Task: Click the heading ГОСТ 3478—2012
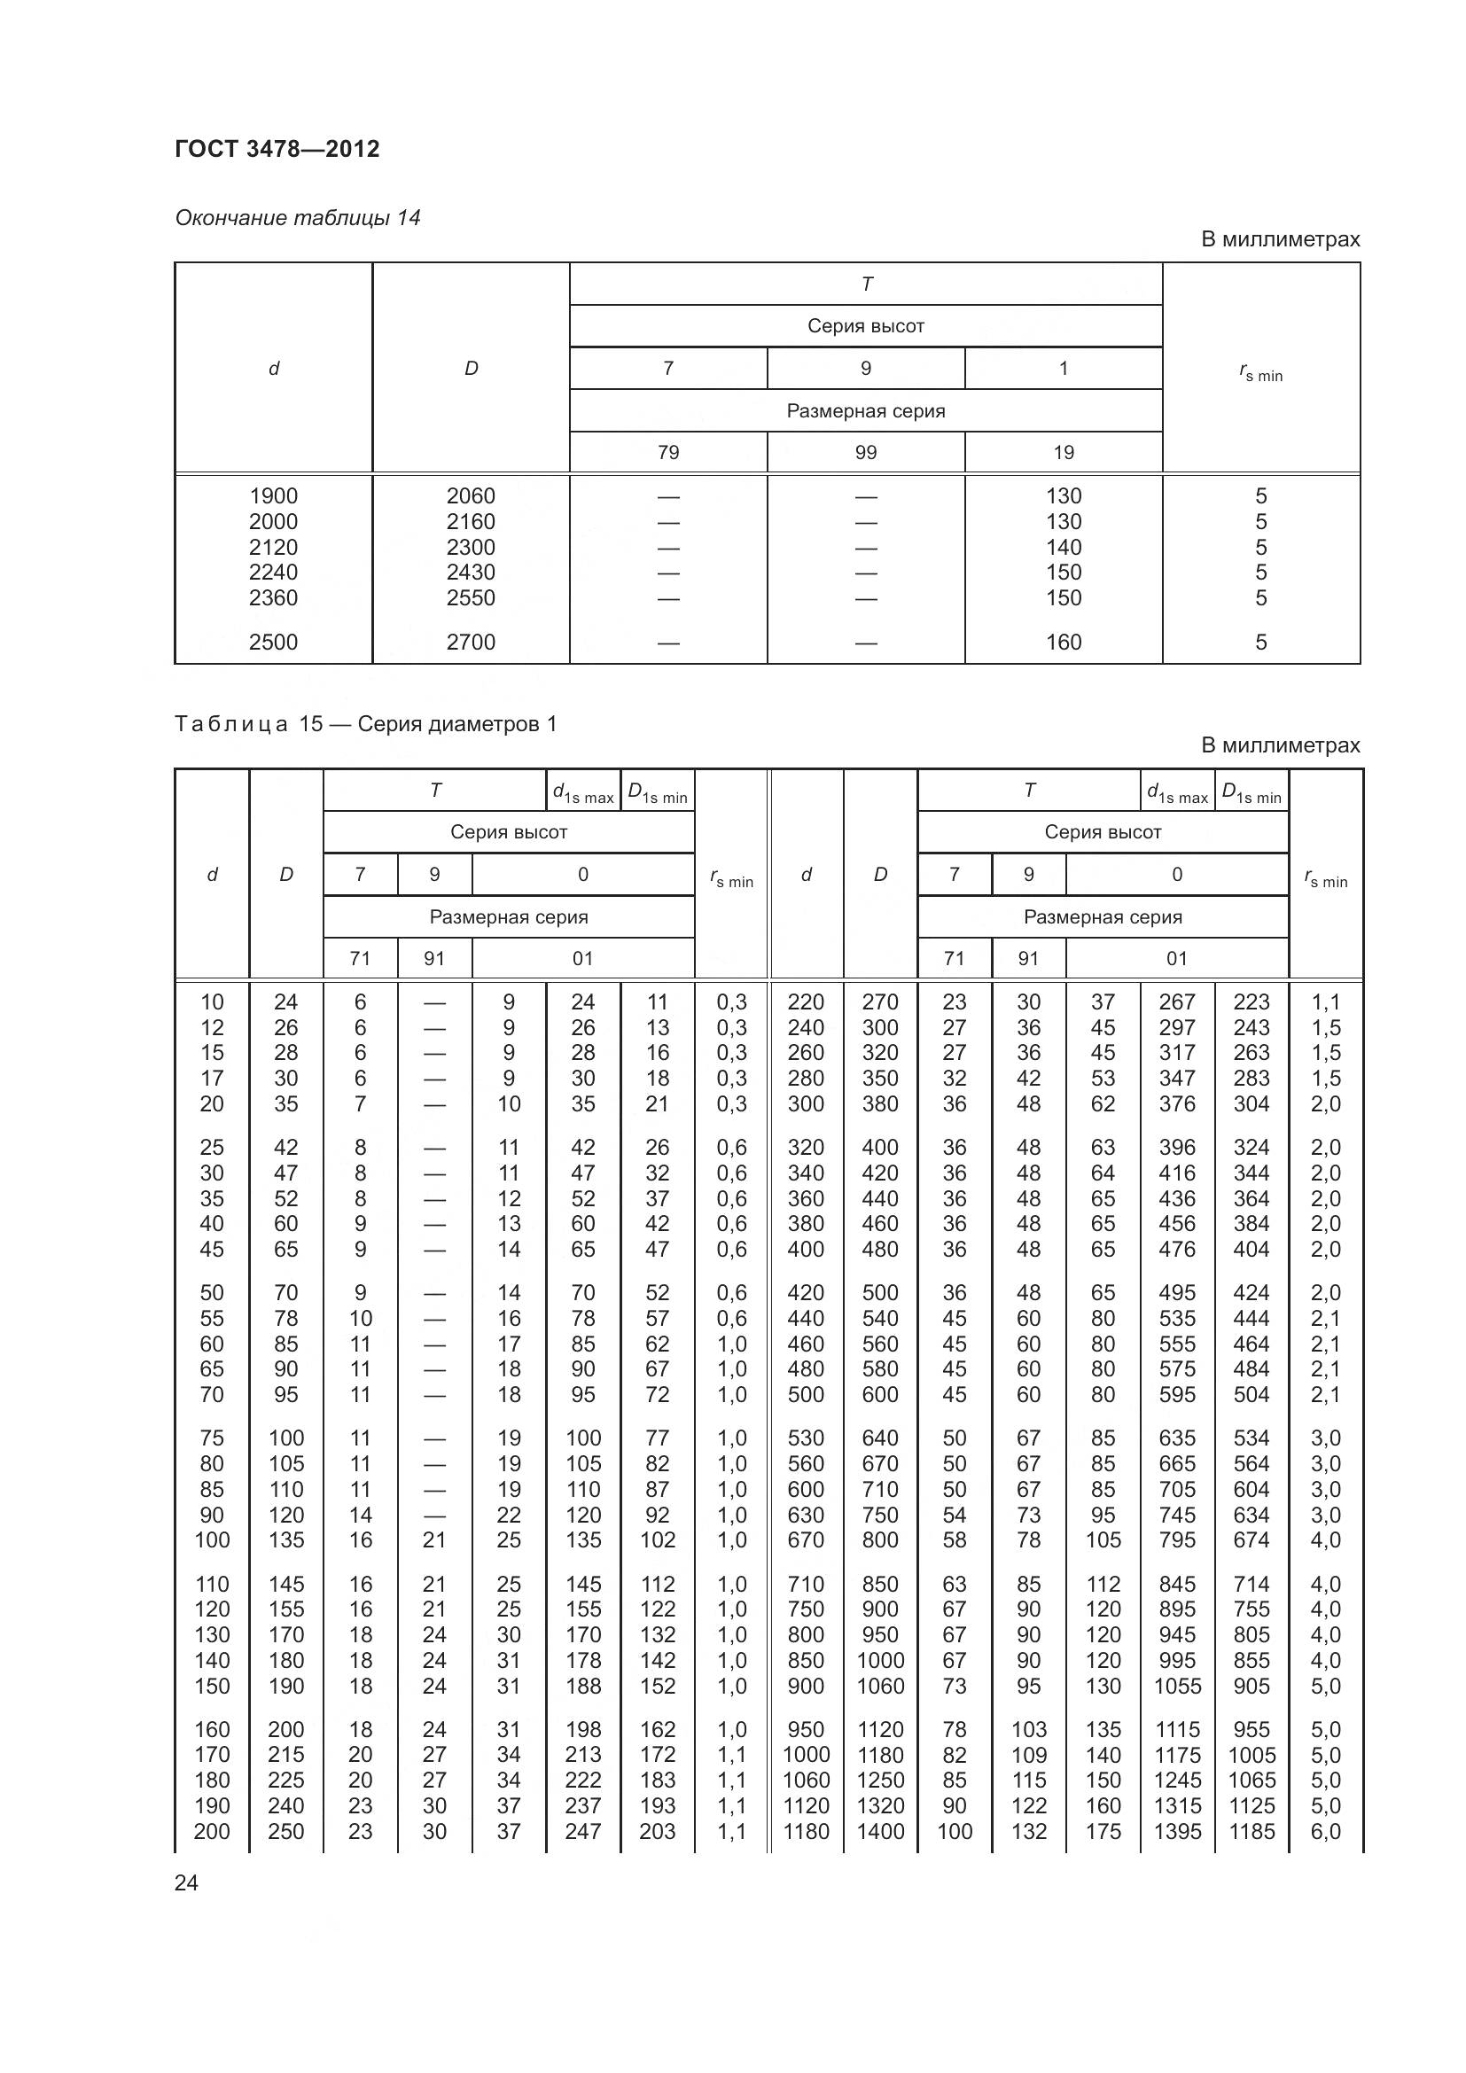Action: tap(277, 149)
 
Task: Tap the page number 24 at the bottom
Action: tap(186, 1882)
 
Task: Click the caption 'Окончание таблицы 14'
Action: tap(297, 218)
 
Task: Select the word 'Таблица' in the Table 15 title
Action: tap(231, 724)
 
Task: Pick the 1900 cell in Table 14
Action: tap(273, 495)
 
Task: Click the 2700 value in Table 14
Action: tap(471, 642)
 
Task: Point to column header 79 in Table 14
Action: tap(668, 452)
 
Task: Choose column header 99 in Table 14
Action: tap(866, 452)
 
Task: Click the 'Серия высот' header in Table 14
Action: tap(866, 326)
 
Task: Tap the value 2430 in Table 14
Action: tap(471, 572)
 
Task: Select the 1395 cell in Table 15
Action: tap(1177, 1831)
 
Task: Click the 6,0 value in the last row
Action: tap(1325, 1831)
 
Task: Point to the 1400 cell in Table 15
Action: tap(880, 1831)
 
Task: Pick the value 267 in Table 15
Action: tap(1177, 1002)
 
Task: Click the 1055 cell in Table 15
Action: tap(1177, 1686)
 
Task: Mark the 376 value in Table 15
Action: tap(1177, 1103)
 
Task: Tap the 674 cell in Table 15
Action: tap(1252, 1539)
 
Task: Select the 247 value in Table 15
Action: tap(583, 1831)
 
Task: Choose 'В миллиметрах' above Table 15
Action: tap(1279, 745)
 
